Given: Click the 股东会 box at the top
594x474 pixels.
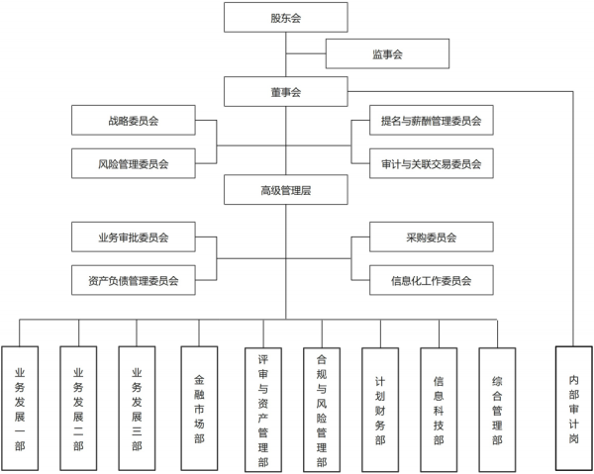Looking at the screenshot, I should (x=285, y=18).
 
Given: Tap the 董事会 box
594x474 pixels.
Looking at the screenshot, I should (x=285, y=91).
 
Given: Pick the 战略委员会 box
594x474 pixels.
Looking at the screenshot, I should (x=134, y=122).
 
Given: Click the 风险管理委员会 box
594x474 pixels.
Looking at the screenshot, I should (x=134, y=162).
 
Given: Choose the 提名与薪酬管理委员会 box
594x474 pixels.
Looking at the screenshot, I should (x=431, y=122).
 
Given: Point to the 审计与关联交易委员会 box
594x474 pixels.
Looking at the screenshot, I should (x=431, y=162).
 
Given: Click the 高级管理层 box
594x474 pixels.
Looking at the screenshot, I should (x=285, y=189).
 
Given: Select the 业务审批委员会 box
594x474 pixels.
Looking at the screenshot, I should (x=134, y=237).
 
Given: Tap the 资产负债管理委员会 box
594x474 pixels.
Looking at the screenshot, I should (x=134, y=280).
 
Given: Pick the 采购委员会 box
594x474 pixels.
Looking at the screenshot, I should (x=431, y=237).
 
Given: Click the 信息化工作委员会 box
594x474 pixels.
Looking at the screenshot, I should (x=431, y=280).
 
